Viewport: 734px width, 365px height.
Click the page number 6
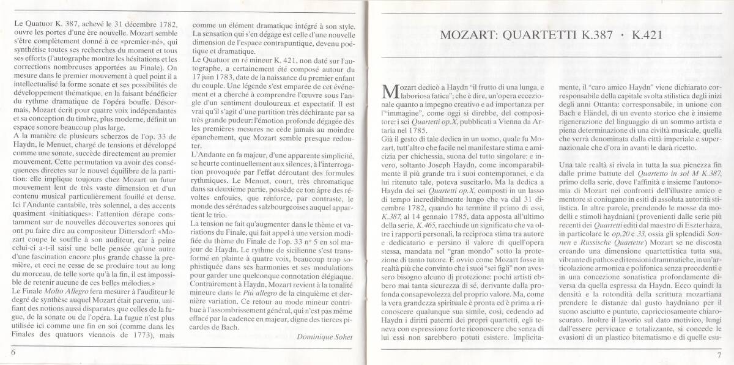pyautogui.click(x=12, y=353)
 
